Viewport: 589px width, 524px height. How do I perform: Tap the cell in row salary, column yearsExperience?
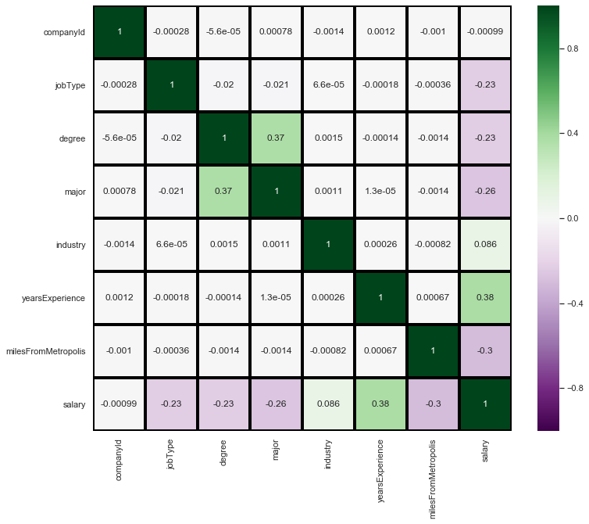pos(380,404)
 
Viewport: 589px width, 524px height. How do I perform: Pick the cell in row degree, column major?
pos(275,138)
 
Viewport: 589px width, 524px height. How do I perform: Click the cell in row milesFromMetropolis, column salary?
pos(484,351)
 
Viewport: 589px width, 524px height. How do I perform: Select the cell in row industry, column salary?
pos(484,244)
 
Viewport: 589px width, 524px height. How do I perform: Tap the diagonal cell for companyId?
pos(119,31)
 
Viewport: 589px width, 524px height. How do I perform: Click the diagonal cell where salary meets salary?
pos(484,404)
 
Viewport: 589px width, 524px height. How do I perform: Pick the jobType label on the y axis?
pos(70,84)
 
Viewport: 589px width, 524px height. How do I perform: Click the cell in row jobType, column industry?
pos(327,84)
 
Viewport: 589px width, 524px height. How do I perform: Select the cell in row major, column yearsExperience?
pos(380,191)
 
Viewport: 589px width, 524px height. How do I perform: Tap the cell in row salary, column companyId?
pos(119,404)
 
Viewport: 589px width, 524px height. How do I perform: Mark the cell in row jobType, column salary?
pos(484,84)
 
